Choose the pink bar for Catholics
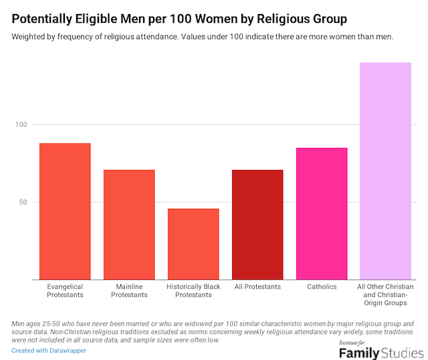point(322,213)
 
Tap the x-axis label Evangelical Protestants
point(65,291)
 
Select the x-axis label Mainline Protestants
point(129,291)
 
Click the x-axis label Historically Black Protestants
point(193,291)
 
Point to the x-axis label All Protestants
point(257,286)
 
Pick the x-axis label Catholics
point(322,286)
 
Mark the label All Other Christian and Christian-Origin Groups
point(386,295)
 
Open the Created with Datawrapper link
point(49,350)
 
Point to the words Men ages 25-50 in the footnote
point(39,324)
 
